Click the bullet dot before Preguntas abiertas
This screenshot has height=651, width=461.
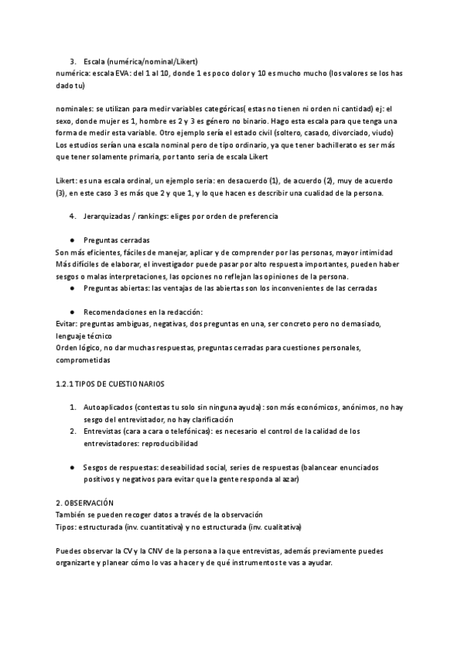click(x=71, y=288)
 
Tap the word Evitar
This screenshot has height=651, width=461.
click(x=68, y=324)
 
